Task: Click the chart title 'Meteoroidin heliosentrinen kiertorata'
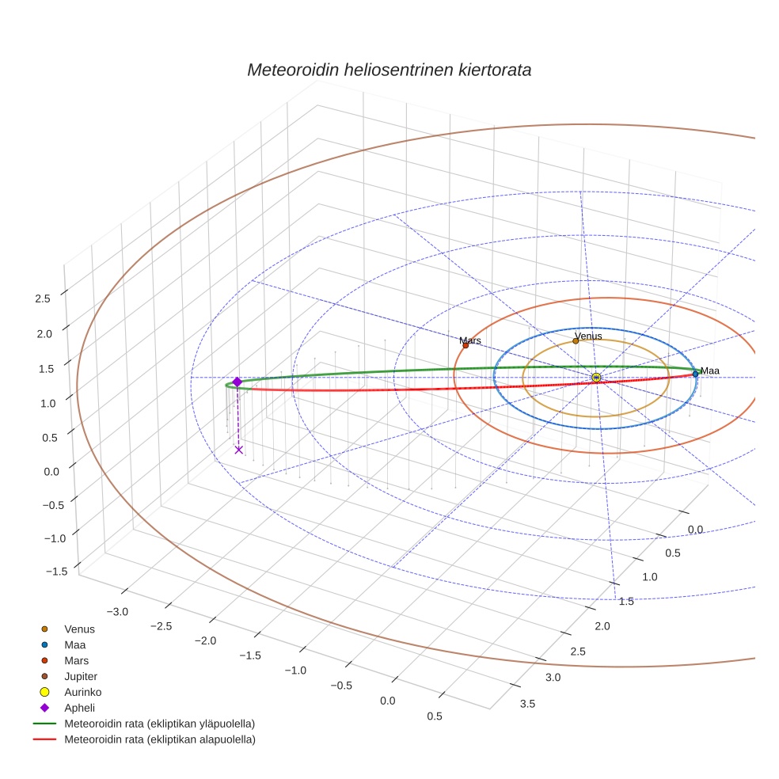point(389,70)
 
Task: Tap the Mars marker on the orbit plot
point(465,345)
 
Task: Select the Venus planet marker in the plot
point(576,341)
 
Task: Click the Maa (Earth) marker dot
point(695,374)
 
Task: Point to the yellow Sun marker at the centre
point(596,378)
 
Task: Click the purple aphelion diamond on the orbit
point(237,382)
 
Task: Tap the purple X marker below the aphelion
point(238,450)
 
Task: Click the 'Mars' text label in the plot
point(470,340)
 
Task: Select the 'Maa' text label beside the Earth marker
point(709,370)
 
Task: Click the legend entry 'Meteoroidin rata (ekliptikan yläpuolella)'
point(159,724)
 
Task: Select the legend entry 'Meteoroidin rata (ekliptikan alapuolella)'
point(159,739)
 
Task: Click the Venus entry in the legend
point(79,629)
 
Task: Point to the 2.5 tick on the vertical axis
point(43,298)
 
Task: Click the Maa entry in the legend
point(74,644)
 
